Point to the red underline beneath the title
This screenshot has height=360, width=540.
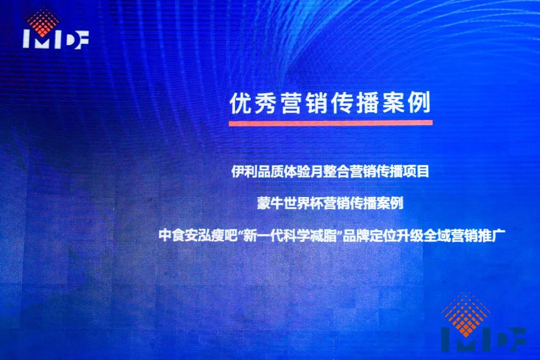coord(330,122)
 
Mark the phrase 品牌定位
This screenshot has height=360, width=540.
coord(367,236)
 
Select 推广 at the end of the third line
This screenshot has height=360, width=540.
coord(491,236)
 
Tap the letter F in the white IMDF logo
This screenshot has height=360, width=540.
coord(82,39)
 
